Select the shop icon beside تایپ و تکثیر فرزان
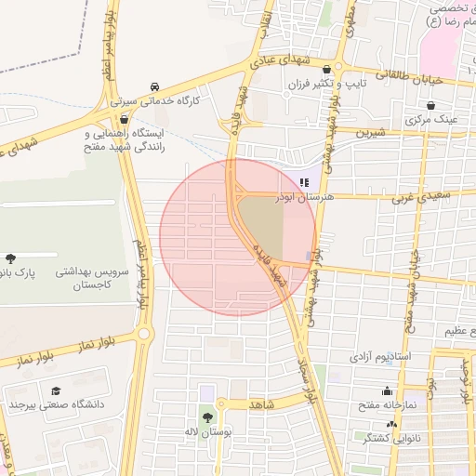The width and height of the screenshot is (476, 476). (326, 70)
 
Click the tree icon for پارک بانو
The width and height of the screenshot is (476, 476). (10, 257)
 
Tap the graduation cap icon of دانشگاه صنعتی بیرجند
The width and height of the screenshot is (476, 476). (56, 390)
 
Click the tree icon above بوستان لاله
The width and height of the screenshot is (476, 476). (206, 416)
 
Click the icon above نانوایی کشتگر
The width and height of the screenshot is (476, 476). (391, 423)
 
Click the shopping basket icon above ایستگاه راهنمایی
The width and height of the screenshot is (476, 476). (124, 119)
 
